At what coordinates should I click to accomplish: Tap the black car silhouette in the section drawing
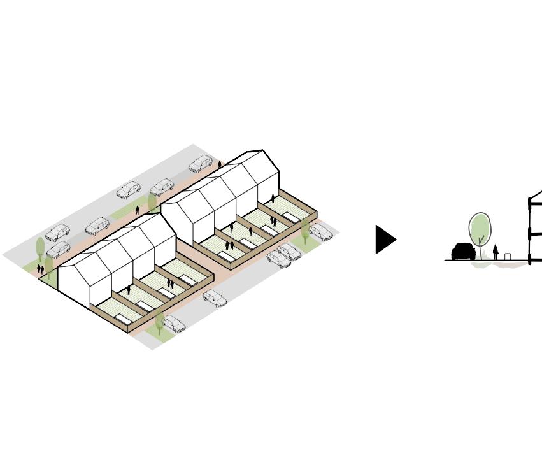coord(463,252)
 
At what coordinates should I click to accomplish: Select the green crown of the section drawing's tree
coord(480,227)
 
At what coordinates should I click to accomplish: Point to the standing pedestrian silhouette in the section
coord(496,252)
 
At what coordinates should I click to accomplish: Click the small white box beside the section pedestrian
coord(508,257)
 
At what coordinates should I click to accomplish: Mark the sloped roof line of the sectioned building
coord(536,194)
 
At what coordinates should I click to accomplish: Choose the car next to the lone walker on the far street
coord(200,164)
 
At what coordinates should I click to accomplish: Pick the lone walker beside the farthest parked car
coord(220,164)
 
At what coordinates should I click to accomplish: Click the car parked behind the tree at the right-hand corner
coord(321,232)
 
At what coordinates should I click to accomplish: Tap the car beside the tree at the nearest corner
coord(173,324)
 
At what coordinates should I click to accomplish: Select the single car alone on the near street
coord(215,299)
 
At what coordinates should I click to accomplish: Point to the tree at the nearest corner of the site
coord(159,322)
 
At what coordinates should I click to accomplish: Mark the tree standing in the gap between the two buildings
coord(152,202)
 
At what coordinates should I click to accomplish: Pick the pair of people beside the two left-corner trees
coord(40,269)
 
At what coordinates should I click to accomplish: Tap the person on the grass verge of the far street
coord(138,210)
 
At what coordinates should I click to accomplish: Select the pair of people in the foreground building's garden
coord(170,284)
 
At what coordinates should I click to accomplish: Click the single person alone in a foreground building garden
coord(129,290)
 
